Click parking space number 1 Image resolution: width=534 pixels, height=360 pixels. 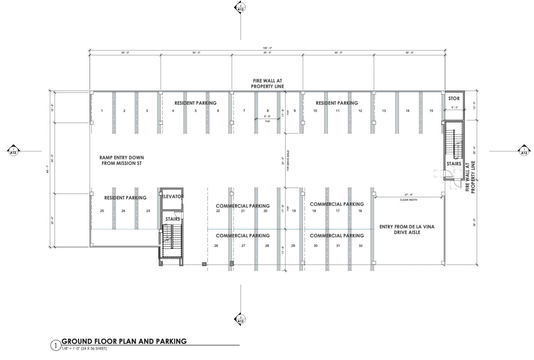[102, 111]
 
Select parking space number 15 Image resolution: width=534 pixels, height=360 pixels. [431, 111]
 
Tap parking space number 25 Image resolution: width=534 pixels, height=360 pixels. [102, 211]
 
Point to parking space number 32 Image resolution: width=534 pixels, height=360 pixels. [361, 246]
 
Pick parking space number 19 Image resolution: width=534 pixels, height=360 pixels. [294, 211]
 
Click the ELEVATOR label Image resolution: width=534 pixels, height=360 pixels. [173, 197]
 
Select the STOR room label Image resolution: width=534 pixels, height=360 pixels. [454, 98]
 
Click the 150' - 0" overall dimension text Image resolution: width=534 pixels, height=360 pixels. [267, 48]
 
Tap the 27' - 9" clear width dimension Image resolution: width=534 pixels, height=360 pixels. [411, 195]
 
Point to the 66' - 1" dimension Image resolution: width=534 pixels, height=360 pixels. [52, 169]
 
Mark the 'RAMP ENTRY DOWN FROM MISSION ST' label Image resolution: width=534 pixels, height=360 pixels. [122, 160]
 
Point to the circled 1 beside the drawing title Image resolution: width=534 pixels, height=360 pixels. [55, 345]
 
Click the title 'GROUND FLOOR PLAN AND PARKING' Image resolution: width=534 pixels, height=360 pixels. [124, 341]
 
